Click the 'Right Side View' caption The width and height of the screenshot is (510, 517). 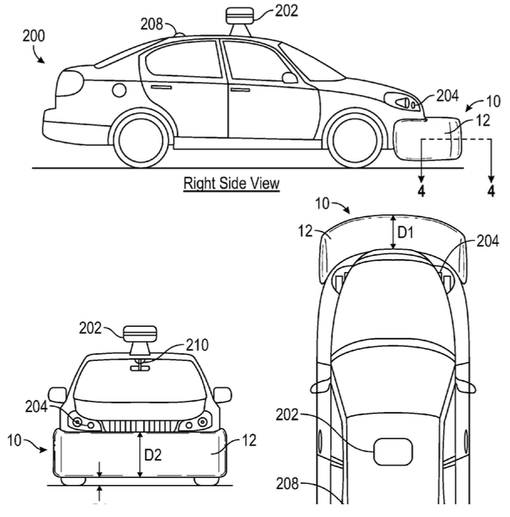[232, 183]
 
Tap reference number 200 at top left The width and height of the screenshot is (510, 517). [33, 36]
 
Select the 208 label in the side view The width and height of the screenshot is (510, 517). [151, 24]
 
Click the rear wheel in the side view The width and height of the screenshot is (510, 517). [141, 139]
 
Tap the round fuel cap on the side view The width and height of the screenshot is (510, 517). [119, 90]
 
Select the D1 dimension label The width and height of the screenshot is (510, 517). [406, 233]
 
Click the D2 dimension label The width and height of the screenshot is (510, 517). [154, 455]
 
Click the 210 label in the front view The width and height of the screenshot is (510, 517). [197, 345]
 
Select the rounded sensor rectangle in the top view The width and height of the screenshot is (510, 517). [393, 452]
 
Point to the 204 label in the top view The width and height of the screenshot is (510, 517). [488, 241]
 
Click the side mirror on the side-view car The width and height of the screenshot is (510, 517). [290, 78]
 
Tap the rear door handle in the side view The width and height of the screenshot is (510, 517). [162, 87]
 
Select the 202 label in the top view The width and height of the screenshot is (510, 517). [287, 414]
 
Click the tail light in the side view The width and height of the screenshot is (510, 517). [70, 84]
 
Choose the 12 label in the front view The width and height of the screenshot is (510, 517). [249, 441]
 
